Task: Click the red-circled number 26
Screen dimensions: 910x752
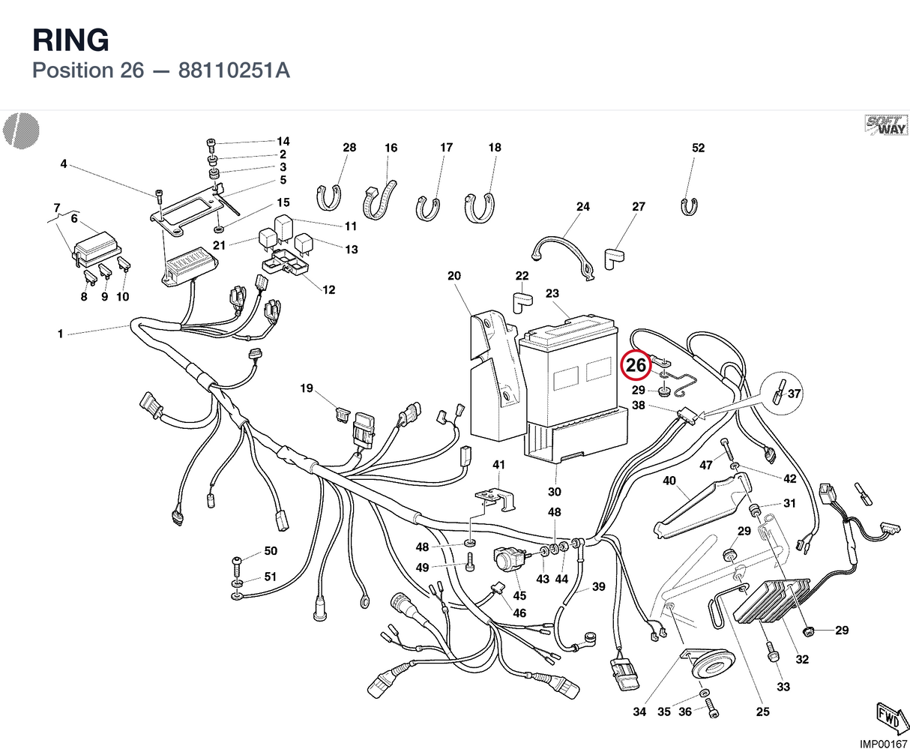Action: pos(636,365)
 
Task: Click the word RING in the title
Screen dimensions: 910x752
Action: pos(70,40)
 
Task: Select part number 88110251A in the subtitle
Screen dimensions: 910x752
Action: pos(234,70)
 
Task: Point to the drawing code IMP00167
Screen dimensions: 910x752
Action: pos(883,744)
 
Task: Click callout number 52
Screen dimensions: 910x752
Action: pos(698,148)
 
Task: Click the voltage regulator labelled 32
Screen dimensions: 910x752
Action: pos(772,601)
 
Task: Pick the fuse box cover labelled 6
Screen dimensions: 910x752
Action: pos(97,247)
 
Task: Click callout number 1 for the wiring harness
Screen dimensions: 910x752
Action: pos(61,334)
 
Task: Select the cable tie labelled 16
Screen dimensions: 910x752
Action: pos(379,201)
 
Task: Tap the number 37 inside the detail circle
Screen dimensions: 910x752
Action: pos(794,394)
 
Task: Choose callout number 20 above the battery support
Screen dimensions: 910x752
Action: pos(454,275)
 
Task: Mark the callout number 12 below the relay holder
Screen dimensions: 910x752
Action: pos(328,290)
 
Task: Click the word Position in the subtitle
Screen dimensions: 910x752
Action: pos(73,70)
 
